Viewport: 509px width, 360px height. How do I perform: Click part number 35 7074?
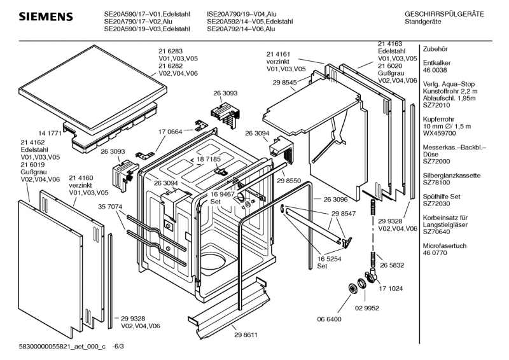pyautogui.click(x=111, y=207)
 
